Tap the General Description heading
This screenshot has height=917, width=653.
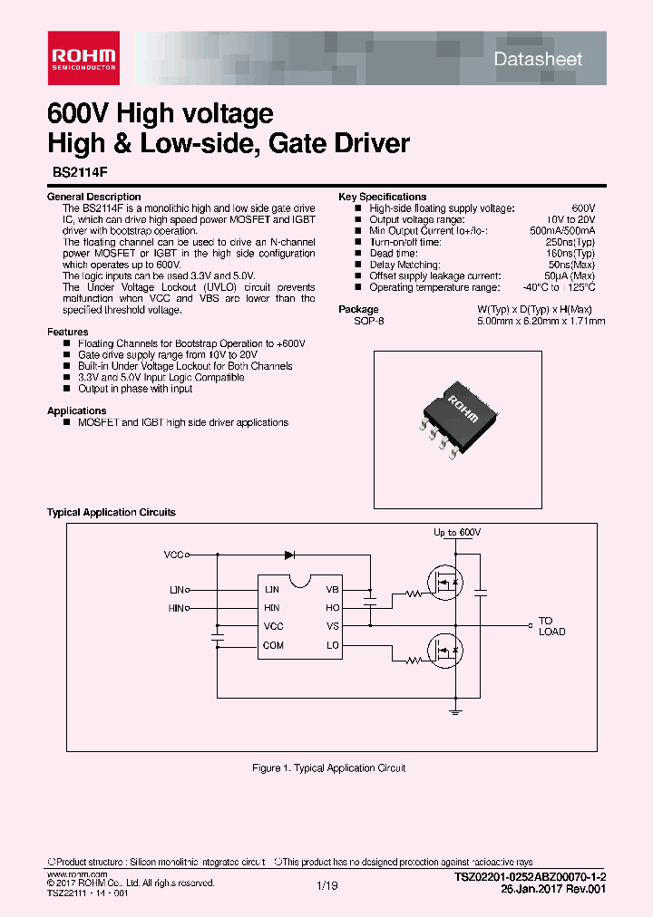(94, 197)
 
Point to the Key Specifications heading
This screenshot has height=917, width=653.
(382, 197)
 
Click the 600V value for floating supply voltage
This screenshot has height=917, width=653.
(583, 208)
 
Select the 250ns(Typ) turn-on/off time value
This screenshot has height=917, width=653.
(571, 242)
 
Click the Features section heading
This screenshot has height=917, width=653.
(68, 333)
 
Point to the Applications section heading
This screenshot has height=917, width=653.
(77, 411)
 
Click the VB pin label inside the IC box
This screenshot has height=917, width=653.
(333, 589)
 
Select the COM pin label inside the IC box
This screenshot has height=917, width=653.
(273, 645)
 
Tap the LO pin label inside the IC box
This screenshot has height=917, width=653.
(333, 645)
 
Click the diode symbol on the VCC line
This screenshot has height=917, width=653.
(290, 555)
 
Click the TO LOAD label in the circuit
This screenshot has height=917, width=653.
(551, 626)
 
